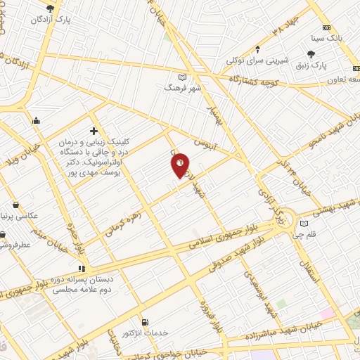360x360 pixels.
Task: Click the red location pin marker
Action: point(181,165)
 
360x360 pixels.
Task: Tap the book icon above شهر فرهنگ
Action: point(183,77)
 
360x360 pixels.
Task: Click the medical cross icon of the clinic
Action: point(94,130)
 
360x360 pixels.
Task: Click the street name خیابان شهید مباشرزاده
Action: point(281,328)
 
